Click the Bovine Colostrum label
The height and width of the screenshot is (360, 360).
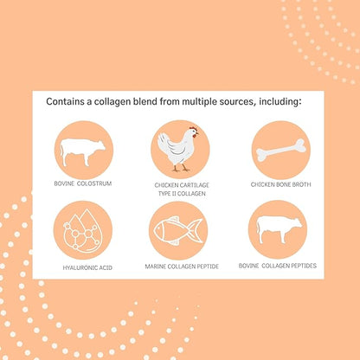[x=83, y=183]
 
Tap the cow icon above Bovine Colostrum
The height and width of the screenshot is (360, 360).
[x=82, y=152]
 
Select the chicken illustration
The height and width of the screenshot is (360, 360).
[x=178, y=149]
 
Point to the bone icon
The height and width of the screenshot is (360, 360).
[x=281, y=150]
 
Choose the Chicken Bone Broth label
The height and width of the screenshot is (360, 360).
[x=280, y=184]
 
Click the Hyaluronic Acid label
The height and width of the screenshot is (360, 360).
[x=87, y=267]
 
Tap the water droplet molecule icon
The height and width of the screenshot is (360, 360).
[x=83, y=231]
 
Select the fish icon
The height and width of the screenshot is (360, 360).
[x=178, y=231]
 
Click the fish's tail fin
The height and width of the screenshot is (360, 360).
[x=196, y=230]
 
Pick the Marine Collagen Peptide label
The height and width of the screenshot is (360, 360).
[x=182, y=267]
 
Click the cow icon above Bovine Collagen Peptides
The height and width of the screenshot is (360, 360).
[x=280, y=229]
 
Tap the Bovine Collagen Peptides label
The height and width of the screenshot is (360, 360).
[x=278, y=266]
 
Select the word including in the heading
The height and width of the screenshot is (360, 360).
[x=280, y=102]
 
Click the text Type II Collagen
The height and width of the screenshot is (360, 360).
[x=182, y=194]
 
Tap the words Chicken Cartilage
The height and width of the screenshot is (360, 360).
[x=182, y=185]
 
